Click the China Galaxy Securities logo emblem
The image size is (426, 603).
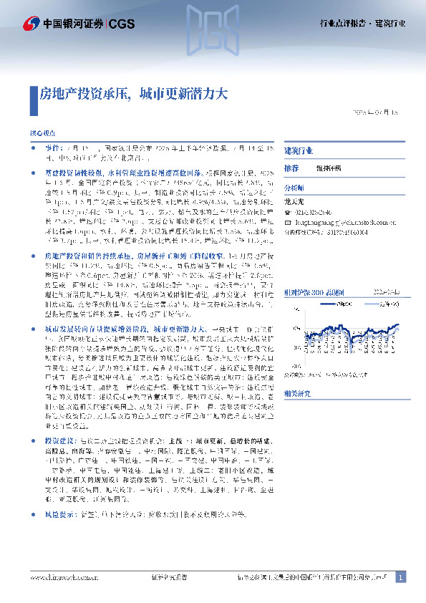tap(32, 23)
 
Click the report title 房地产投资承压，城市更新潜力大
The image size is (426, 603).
tap(133, 93)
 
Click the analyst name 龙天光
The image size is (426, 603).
tap(295, 202)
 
